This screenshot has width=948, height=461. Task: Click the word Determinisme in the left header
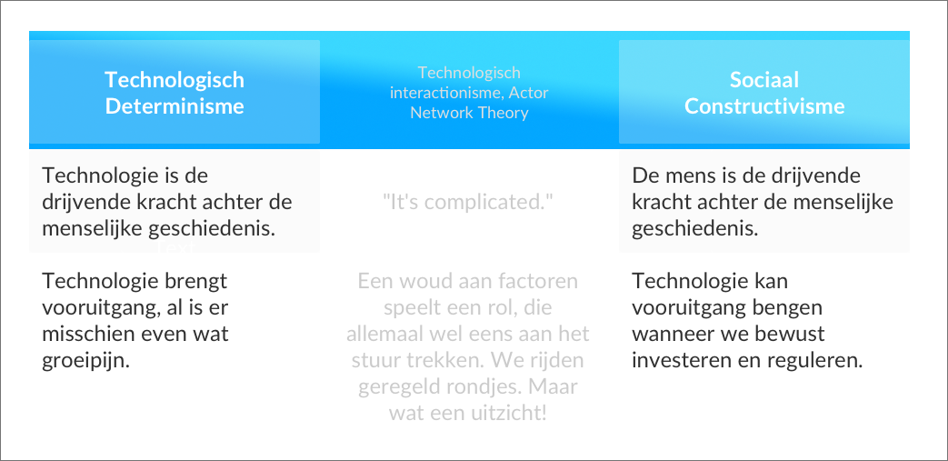(175, 106)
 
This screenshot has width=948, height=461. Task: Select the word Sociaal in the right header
(764, 80)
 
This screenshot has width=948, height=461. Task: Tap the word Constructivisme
(764, 106)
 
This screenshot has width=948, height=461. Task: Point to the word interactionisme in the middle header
(445, 93)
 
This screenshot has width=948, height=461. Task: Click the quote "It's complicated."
(469, 203)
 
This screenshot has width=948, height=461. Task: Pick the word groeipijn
(85, 362)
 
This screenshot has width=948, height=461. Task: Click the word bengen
(785, 308)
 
